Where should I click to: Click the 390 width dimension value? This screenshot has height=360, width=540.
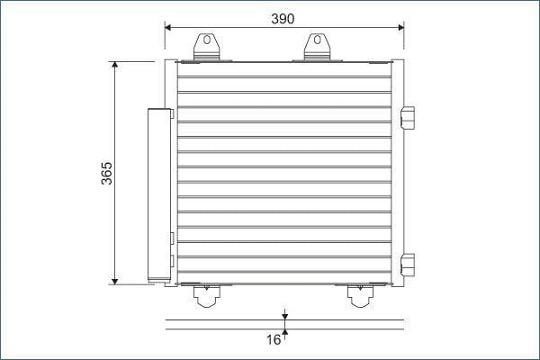point(283,19)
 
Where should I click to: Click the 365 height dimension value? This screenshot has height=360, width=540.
point(107,174)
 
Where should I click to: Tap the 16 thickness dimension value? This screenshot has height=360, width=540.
point(274,339)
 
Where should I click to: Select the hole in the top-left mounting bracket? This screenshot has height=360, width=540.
point(207,40)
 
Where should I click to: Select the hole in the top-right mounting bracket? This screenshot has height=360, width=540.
point(317,40)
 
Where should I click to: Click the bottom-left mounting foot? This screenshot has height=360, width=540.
point(207,295)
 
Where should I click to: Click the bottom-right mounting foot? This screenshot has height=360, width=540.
point(360,295)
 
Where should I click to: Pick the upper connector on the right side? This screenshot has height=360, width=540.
point(408,118)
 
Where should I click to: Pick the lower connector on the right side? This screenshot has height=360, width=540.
point(408,265)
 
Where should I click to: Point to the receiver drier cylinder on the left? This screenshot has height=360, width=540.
point(159,195)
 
